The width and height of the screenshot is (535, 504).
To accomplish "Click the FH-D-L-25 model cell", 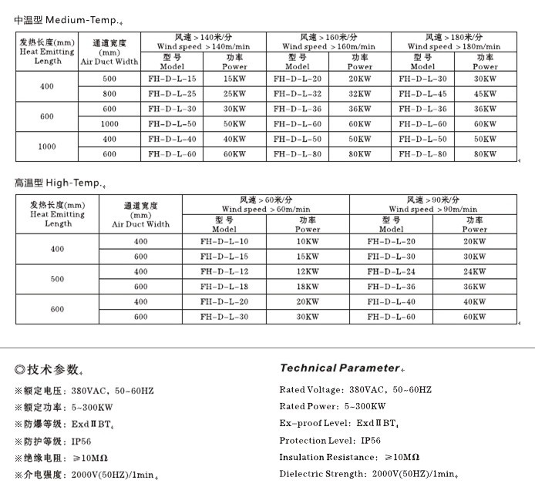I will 172,94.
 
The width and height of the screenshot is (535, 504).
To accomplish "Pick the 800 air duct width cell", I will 109,94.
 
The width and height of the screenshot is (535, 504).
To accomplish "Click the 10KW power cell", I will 308,242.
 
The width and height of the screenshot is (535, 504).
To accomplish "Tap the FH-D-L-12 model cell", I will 224,271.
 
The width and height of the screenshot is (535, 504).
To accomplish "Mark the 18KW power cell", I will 308,287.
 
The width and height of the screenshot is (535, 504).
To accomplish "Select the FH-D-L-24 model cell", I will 391,271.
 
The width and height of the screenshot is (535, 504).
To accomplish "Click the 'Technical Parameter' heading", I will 339,368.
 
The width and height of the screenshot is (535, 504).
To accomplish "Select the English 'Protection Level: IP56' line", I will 330,441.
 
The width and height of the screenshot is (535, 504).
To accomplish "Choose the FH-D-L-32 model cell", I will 298,94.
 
